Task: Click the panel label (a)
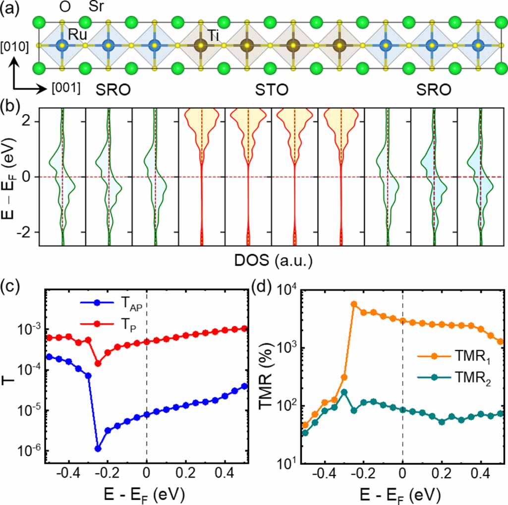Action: pyautogui.click(x=11, y=8)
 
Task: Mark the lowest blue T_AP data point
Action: pyautogui.click(x=98, y=448)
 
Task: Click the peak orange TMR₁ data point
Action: pyautogui.click(x=354, y=304)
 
